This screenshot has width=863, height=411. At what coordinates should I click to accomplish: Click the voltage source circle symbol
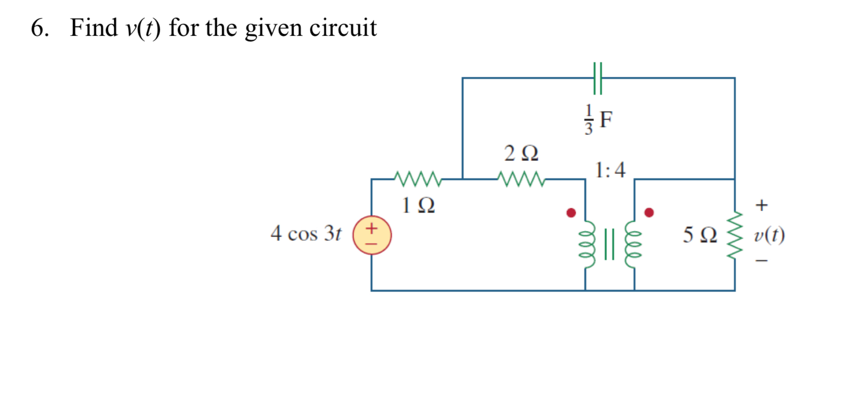coord(372,235)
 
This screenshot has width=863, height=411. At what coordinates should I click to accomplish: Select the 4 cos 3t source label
coord(306,234)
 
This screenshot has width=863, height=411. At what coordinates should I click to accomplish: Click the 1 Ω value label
coord(418,206)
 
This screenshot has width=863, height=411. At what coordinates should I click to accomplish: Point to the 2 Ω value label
coord(521,153)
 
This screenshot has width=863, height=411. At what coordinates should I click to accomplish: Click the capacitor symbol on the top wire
coord(597,78)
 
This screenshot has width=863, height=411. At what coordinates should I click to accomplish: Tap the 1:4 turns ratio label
coord(610,170)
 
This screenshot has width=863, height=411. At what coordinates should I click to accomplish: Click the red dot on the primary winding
coord(571,212)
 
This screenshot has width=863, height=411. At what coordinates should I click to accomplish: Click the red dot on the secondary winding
coord(649,212)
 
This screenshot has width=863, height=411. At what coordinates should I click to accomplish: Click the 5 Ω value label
coord(700,235)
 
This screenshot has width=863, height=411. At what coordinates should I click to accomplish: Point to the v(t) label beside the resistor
coord(769,235)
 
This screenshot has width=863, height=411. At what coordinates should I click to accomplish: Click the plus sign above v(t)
coord(761,205)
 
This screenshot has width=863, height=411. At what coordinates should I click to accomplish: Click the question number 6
coord(39,28)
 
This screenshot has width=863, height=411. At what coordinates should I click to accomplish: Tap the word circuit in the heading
coord(343,28)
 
